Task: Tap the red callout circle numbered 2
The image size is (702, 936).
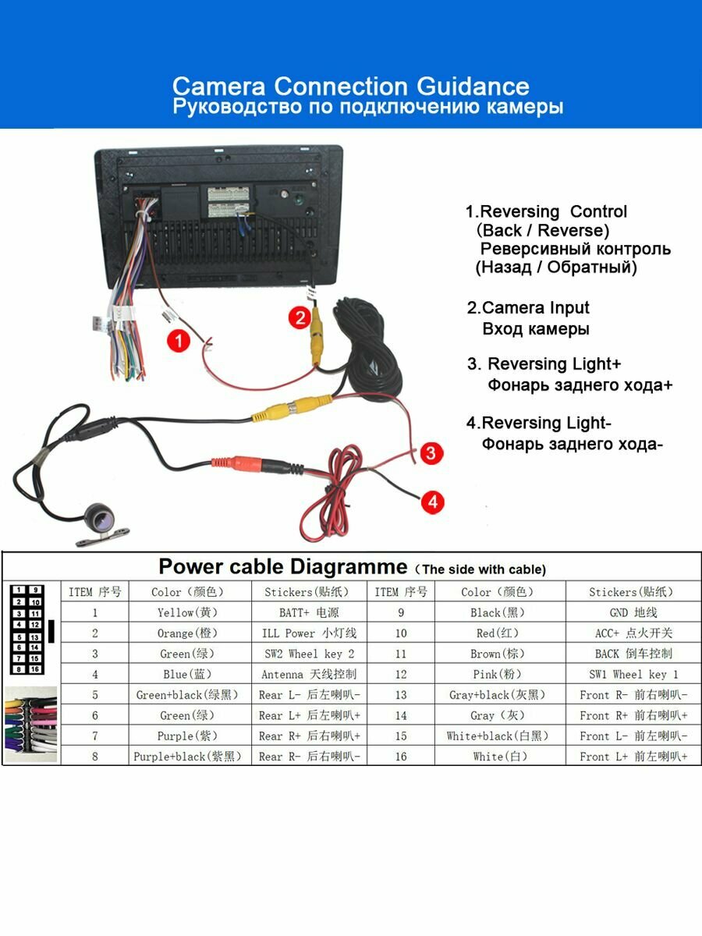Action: coord(299,317)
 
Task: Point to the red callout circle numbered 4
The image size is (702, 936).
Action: coord(433,502)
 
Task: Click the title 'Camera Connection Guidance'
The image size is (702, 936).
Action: coord(350,86)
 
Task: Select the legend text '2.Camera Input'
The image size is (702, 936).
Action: coord(528,308)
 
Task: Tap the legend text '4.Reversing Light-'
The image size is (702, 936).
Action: coord(538,424)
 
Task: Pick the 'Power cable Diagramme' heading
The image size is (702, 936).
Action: coord(282,566)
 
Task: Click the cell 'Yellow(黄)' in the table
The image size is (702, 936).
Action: coord(187,612)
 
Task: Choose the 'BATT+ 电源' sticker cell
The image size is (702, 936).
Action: coord(309,612)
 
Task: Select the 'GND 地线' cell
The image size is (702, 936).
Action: coord(633,612)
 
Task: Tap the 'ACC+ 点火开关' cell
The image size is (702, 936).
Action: coord(633,633)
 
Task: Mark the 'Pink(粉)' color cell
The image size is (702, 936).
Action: coord(497,674)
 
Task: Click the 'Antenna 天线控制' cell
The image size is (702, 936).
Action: coord(309,674)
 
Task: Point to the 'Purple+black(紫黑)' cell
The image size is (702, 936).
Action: coord(187,756)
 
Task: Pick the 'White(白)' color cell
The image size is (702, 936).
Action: coord(497,756)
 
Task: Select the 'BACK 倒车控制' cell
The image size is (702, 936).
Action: coord(633,654)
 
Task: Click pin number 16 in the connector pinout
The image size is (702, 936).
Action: coord(35,669)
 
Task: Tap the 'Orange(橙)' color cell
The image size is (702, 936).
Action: coord(187,633)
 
